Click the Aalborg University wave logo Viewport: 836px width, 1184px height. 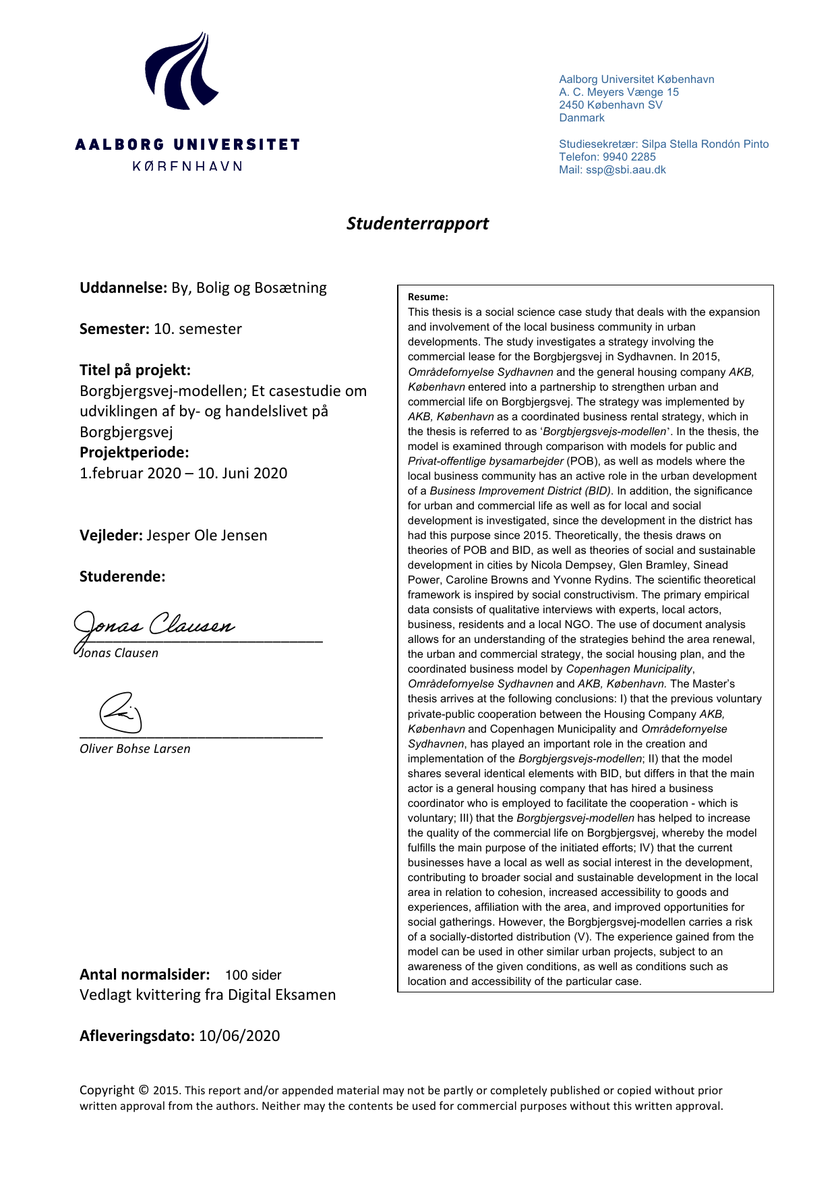click(x=181, y=72)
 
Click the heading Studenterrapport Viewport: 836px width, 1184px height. click(x=417, y=223)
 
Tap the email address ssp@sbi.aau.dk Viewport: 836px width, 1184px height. click(x=626, y=170)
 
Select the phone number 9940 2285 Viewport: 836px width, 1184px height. click(x=629, y=157)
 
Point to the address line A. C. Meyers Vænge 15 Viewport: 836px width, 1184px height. click(x=618, y=92)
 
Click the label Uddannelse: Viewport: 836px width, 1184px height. click(x=123, y=288)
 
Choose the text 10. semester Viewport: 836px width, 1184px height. click(x=198, y=329)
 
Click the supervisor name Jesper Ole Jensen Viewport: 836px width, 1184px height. click(x=206, y=536)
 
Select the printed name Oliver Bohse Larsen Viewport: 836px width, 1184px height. click(x=135, y=749)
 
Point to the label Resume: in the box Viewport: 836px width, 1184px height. click(x=427, y=297)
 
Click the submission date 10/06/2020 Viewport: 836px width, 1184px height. click(x=239, y=1036)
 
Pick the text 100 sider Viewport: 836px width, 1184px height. click(x=253, y=975)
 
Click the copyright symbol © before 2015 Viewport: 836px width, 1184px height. click(x=144, y=1090)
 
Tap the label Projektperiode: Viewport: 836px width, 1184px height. click(x=134, y=453)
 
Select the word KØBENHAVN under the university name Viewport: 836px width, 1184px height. click(x=187, y=166)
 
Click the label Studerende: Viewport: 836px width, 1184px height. click(x=122, y=577)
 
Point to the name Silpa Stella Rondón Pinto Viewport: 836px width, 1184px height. click(x=705, y=144)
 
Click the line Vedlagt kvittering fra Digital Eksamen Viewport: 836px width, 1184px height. click(x=208, y=995)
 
